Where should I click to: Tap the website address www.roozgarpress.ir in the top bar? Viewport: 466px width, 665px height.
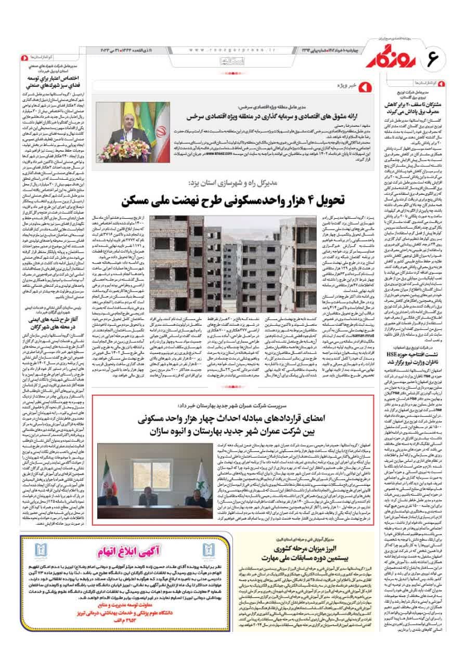(x=225, y=49)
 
